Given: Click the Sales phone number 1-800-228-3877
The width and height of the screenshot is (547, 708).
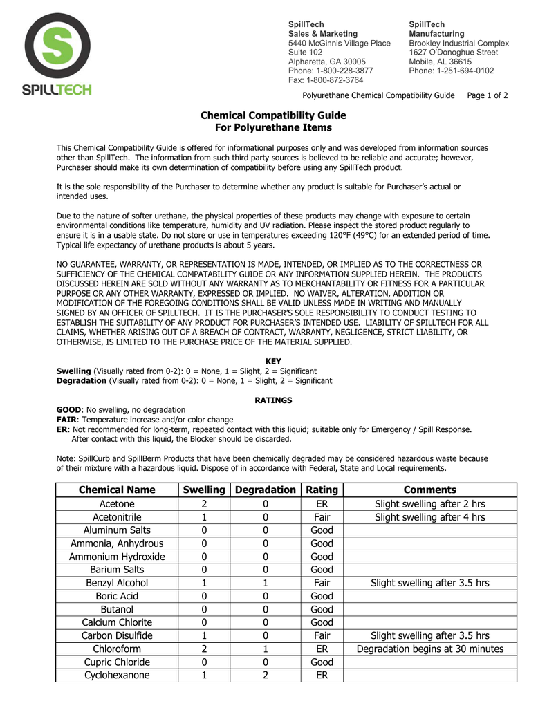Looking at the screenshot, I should pyautogui.click(x=331, y=71).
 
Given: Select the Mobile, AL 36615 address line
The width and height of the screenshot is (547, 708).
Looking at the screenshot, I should pyautogui.click(x=440, y=62).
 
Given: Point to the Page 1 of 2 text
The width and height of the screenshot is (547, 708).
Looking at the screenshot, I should pyautogui.click(x=488, y=95).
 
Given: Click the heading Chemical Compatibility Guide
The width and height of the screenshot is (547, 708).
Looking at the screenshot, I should pyautogui.click(x=273, y=115).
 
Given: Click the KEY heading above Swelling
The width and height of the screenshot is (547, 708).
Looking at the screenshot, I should pyautogui.click(x=273, y=361).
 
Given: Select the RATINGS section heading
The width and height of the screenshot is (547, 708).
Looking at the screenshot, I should pyautogui.click(x=273, y=400).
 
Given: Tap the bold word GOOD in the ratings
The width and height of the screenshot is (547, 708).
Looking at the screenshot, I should pyautogui.click(x=68, y=410).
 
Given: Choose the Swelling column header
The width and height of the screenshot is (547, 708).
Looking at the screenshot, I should pyautogui.click(x=204, y=490).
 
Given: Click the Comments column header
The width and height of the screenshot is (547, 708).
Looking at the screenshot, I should pyautogui.click(x=430, y=490).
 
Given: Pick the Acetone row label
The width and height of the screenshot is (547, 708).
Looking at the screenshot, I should pyautogui.click(x=117, y=504).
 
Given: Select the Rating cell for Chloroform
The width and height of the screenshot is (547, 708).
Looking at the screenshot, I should pyautogui.click(x=322, y=649).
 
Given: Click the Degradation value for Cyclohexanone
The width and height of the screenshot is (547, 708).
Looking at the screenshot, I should pyautogui.click(x=266, y=675).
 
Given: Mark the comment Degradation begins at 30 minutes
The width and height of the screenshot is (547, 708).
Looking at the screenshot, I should pyautogui.click(x=430, y=649).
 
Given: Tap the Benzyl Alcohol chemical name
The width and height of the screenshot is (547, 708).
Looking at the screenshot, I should pyautogui.click(x=117, y=583).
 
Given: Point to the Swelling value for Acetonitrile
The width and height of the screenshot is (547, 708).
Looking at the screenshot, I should pyautogui.click(x=204, y=517).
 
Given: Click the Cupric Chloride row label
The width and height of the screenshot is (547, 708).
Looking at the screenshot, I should pyautogui.click(x=117, y=662).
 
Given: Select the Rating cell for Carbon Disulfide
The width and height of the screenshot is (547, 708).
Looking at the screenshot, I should pyautogui.click(x=322, y=635).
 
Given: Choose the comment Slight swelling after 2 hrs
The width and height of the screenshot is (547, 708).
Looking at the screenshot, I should pyautogui.click(x=430, y=504).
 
